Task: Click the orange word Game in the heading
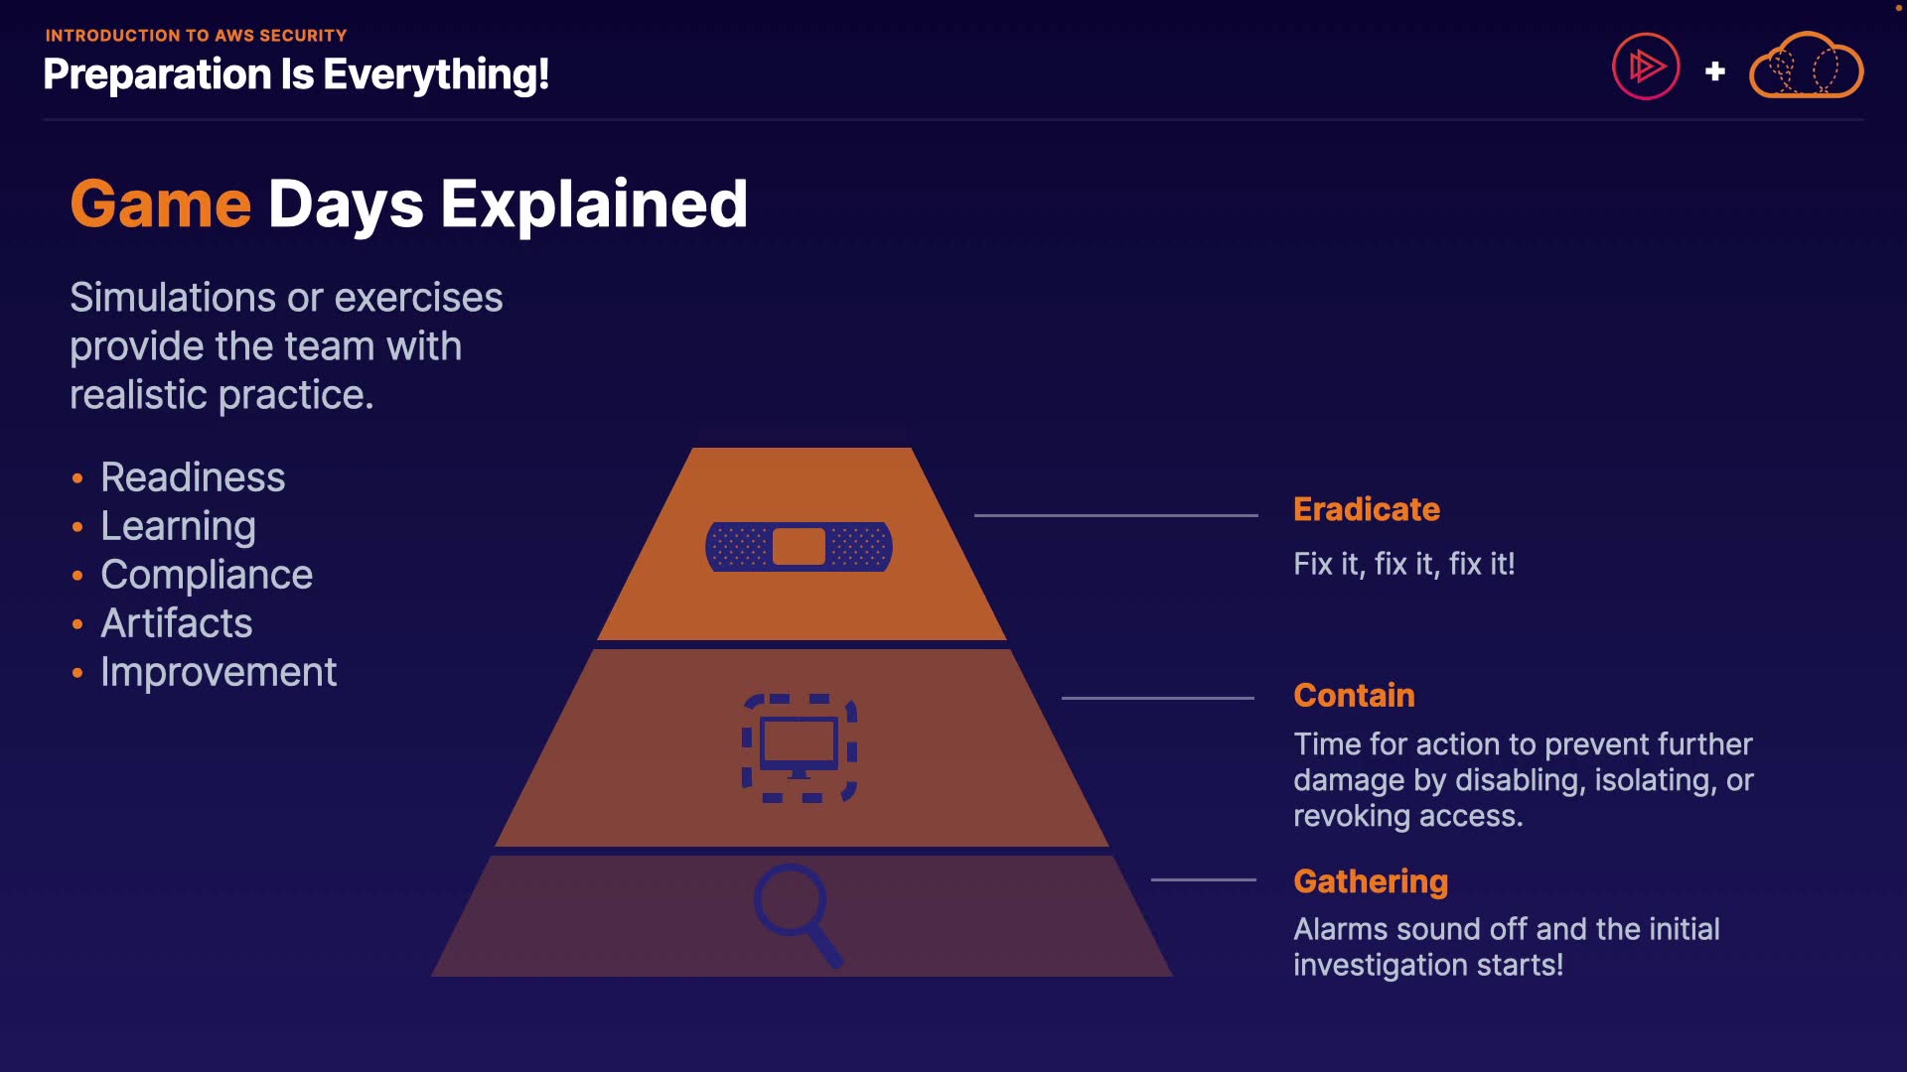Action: pos(160,204)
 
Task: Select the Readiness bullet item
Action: pos(193,477)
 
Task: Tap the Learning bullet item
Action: pos(178,526)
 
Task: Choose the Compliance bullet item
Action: pos(207,575)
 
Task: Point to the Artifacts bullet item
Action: pos(177,623)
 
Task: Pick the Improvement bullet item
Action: pos(219,672)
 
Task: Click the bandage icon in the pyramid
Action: pos(799,546)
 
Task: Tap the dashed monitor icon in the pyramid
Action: pos(800,748)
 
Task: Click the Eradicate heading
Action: pos(1366,509)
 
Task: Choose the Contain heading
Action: pos(1354,695)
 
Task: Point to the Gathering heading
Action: pos(1371,881)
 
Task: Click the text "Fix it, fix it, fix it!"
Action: pos(1403,564)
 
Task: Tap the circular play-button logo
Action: pos(1646,67)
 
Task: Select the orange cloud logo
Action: pos(1806,67)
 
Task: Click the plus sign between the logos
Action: pos(1714,71)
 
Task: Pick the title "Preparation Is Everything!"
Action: pos(296,74)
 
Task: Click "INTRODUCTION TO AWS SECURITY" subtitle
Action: pos(196,36)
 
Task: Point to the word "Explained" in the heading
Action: pos(593,204)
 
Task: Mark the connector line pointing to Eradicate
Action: pos(1115,515)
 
